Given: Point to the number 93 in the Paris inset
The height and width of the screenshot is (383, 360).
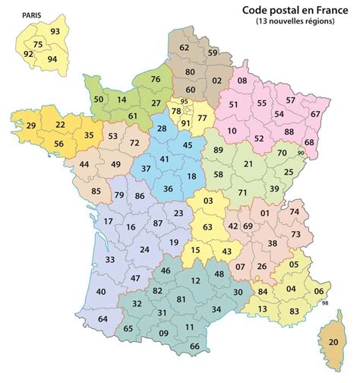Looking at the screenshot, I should point(55,31).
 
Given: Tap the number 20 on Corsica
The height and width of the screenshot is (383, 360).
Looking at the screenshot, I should point(332,342).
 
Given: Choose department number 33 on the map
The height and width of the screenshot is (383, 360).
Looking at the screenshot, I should point(110,260).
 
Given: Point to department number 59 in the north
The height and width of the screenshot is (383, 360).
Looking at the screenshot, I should point(213,52).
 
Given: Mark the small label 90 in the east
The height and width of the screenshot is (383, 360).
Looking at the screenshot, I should point(301,154).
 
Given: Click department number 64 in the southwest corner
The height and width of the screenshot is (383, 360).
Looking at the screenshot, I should point(103,318).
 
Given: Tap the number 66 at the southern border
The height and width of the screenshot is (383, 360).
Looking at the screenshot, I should point(194,347).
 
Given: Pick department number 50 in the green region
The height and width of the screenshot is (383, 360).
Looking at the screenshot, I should point(98,99).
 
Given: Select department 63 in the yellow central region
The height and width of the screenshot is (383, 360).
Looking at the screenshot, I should point(207,226).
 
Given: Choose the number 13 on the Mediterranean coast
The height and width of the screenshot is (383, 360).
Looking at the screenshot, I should point(262,309).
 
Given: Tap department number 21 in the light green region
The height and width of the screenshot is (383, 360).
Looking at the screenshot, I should point(248,163).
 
